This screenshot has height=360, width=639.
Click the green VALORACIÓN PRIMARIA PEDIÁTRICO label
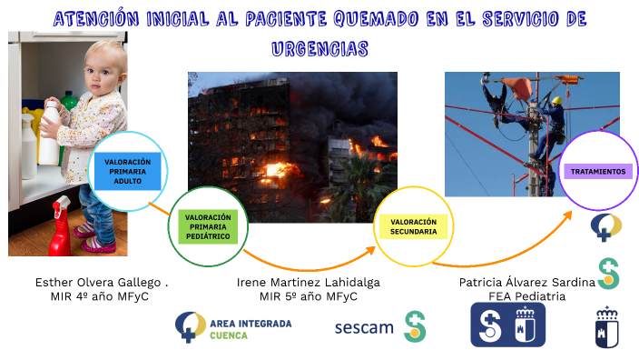tap(208, 228)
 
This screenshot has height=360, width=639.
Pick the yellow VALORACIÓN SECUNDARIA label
tap(414, 226)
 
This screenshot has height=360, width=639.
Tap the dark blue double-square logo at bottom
tap(507, 325)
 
